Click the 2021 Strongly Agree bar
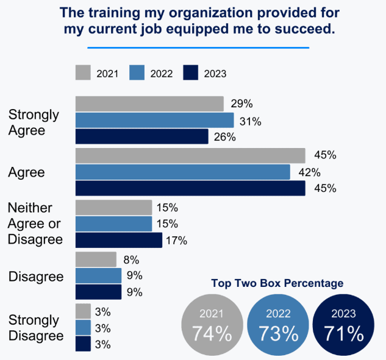(x=149, y=104)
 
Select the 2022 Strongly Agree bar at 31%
(x=154, y=120)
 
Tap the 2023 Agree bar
(x=190, y=188)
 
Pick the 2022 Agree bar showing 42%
(x=182, y=172)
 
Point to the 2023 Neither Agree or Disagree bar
(x=118, y=240)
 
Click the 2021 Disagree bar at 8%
(x=96, y=259)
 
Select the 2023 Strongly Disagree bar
(x=83, y=344)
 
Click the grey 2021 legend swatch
(x=84, y=73)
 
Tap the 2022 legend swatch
(x=138, y=73)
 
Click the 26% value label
(x=224, y=137)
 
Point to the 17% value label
(x=176, y=241)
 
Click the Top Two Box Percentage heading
(x=277, y=283)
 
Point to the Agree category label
(x=27, y=172)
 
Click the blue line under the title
(x=198, y=47)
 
